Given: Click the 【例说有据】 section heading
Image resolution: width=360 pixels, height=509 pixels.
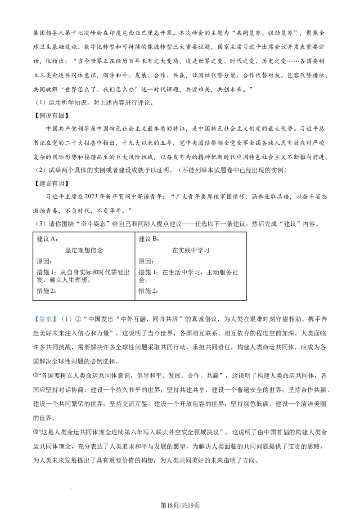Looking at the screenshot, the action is tap(51, 116).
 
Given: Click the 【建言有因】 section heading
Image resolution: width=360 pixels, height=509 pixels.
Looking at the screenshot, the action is tap(51, 184).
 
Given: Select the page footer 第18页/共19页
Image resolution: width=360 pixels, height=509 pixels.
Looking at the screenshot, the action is tap(180, 505).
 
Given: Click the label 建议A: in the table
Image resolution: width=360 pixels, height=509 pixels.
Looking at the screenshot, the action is tap(47, 239).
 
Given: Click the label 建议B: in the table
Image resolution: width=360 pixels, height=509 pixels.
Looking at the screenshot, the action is tap(149, 239).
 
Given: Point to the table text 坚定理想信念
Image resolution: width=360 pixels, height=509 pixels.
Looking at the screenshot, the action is tap(84, 250).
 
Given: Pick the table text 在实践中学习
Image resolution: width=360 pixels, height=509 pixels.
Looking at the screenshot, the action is tap(191, 250).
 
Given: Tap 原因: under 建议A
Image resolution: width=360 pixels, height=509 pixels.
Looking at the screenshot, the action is tap(44, 261).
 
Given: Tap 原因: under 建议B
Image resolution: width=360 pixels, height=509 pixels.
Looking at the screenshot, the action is tap(146, 261).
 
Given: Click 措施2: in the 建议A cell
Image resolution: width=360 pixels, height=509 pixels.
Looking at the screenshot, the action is tap(46, 291).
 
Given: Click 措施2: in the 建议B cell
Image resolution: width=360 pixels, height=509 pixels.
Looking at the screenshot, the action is tap(148, 291).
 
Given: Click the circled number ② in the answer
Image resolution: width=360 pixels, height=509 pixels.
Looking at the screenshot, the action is tap(36, 375).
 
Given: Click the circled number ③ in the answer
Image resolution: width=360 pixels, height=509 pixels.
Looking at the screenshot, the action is tap(36, 433).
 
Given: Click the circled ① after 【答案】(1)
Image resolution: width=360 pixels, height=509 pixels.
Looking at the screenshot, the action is tap(78, 319).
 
